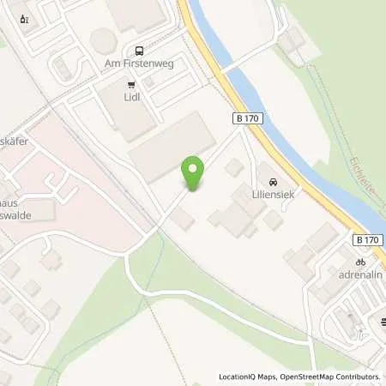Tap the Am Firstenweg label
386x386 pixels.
tap(139, 63)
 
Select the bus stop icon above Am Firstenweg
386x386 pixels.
tap(139, 50)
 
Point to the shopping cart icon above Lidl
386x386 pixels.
tap(131, 84)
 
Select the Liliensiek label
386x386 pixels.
tap(272, 196)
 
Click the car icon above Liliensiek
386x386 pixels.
tap(272, 183)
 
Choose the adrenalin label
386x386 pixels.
tap(360, 276)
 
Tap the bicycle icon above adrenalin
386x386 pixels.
tap(360, 262)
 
